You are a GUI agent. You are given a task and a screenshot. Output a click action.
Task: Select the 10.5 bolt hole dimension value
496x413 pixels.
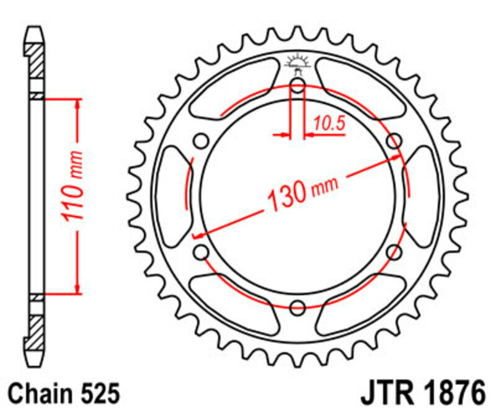pyautogui.click(x=329, y=124)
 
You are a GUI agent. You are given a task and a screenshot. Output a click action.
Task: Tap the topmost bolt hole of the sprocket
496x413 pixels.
pyautogui.click(x=298, y=86)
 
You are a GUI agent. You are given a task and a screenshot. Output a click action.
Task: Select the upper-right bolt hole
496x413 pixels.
pyautogui.click(x=393, y=141)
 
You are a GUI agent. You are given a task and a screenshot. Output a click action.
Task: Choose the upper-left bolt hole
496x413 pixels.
pyautogui.click(x=201, y=141)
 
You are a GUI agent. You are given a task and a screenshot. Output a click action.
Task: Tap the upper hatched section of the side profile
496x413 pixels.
pyautogui.click(x=37, y=60)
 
